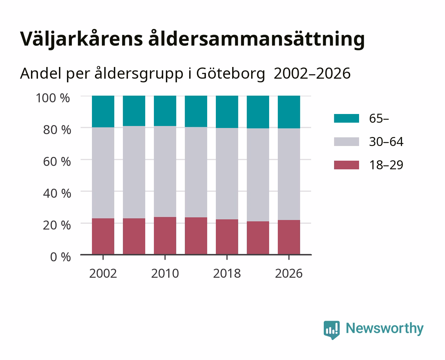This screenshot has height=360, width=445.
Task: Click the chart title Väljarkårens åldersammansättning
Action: point(192,39)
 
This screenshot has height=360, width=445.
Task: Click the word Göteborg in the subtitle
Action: point(230,74)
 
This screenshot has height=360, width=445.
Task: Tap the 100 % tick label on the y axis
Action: point(53,98)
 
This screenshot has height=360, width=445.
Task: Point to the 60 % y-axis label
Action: point(57,162)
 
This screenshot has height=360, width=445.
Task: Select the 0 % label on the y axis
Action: point(60,257)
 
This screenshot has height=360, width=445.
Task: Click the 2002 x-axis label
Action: point(103,273)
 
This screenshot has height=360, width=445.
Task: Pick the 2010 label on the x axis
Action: point(165,273)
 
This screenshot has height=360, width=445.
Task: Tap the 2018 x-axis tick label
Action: point(227,273)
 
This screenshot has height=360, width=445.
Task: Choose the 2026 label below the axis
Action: point(289,273)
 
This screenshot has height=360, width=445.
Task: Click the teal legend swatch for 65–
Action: point(347,118)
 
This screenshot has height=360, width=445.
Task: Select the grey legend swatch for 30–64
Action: point(347,142)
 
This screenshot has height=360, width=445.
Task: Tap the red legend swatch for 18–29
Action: point(347,165)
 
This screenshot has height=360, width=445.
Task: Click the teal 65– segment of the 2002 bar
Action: point(103,111)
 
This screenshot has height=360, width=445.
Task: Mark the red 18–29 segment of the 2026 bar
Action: point(289,237)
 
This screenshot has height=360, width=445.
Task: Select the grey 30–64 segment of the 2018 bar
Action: point(227,174)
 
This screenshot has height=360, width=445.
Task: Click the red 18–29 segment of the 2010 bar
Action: point(165,236)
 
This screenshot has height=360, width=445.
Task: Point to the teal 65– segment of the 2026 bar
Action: point(289,112)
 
